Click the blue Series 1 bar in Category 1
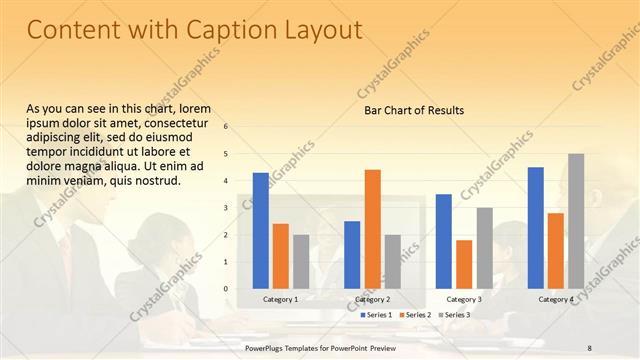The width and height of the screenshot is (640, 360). pos(260,231)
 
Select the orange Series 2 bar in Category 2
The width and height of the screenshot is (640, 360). pos(372,229)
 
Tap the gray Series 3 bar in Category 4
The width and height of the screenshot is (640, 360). pos(576,221)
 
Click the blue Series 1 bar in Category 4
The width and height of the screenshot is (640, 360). pos(536,228)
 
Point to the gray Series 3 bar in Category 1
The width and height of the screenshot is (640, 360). pos(301,262)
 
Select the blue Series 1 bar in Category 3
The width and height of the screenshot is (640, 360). pos(444,241)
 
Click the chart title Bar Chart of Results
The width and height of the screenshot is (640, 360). pos(413,110)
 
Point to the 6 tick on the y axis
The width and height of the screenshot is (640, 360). pos(226,127)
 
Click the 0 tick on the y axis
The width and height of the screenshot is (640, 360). pos(226,289)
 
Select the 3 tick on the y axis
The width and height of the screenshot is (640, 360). pos(226,208)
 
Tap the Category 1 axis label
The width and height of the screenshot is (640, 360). pos(280,299)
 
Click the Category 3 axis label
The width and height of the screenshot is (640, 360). pos(463,299)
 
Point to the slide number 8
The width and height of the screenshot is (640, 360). pos(589,347)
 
